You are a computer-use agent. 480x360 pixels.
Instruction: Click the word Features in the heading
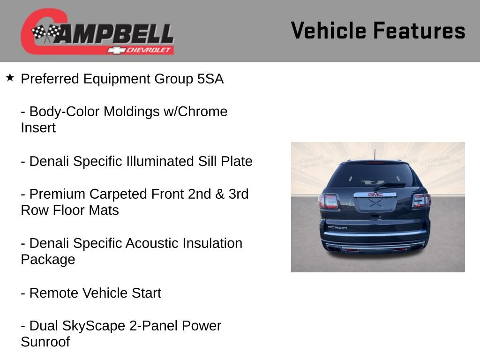419,31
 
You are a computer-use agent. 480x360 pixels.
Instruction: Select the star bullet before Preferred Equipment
10,77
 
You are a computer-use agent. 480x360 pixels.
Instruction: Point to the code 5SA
210,79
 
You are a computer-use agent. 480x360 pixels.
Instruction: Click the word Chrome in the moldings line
203,112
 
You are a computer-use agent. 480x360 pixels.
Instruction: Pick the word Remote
54,293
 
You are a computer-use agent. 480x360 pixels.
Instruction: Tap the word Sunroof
45,342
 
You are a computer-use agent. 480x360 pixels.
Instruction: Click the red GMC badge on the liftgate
375,194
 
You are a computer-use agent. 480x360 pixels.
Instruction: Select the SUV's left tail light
328,201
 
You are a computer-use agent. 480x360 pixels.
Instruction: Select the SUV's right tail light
421,201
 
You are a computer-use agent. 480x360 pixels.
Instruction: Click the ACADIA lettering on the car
337,227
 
